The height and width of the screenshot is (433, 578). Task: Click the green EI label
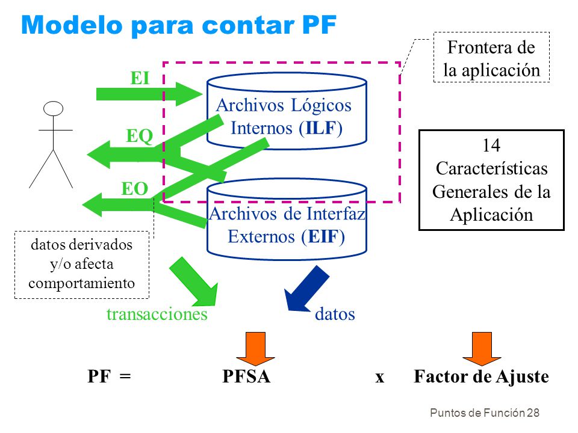140,78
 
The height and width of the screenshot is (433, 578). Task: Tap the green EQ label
139,136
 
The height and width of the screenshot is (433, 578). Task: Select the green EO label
134,188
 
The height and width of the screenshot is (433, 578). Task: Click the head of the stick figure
53,109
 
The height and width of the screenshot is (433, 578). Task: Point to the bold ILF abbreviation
321,128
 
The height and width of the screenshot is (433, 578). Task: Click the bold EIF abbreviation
323,236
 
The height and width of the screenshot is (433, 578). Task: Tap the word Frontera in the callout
477,47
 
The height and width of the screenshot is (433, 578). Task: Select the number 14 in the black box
491,146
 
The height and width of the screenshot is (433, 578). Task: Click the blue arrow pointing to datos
306,289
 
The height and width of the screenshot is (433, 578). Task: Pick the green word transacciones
157,314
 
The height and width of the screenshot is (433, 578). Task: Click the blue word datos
335,314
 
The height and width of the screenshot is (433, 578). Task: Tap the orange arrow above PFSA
255,348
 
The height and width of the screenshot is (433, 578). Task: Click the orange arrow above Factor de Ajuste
482,348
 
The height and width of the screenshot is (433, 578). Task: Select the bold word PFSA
246,376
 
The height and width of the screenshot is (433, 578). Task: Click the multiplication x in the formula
380,378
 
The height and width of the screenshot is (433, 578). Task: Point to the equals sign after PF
125,376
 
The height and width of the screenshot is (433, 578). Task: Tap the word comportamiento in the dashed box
81,283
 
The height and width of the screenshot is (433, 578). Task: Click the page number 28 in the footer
533,413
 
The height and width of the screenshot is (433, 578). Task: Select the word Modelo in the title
72,25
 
